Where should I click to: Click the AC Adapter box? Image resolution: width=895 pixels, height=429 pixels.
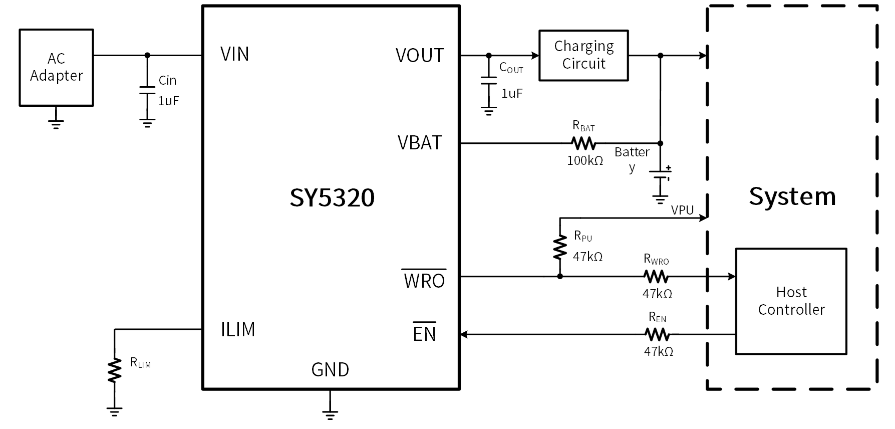click(56, 67)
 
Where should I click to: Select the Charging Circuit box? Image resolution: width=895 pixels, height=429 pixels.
click(583, 55)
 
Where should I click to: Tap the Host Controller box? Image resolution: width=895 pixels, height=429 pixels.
click(791, 301)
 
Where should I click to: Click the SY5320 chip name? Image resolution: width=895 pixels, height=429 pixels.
click(332, 198)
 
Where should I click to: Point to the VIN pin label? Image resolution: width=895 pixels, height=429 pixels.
click(234, 54)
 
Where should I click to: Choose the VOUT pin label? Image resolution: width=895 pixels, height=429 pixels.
click(420, 56)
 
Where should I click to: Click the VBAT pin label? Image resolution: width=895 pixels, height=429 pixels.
click(420, 143)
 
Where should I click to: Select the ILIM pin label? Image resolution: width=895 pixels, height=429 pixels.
click(238, 330)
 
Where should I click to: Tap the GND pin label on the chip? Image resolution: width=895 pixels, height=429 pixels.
click(330, 370)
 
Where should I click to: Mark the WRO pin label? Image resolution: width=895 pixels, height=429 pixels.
click(424, 280)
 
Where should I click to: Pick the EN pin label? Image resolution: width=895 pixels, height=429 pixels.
click(424, 333)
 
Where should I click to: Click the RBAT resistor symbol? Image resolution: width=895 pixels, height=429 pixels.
click(583, 144)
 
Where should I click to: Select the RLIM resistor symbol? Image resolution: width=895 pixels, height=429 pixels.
click(115, 370)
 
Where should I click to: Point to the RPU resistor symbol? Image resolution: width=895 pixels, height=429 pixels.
click(560, 248)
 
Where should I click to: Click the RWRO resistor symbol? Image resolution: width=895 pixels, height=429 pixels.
click(656, 276)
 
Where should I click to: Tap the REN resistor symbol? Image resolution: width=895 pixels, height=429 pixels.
click(657, 334)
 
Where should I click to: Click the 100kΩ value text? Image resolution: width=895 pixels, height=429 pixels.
click(585, 161)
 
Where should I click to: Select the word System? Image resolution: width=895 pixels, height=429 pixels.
click(792, 196)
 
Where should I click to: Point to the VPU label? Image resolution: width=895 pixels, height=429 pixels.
click(682, 210)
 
